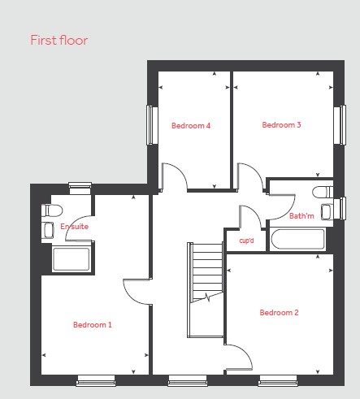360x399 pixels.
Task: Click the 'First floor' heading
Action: pyautogui.click(x=59, y=40)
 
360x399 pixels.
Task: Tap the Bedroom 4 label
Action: pyautogui.click(x=191, y=126)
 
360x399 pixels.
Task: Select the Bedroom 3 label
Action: pyautogui.click(x=281, y=125)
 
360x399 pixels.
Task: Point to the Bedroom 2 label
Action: pyautogui.click(x=279, y=313)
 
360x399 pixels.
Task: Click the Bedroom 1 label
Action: pyautogui.click(x=93, y=325)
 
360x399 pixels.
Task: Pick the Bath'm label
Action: pyautogui.click(x=301, y=216)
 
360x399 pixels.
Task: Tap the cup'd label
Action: pyautogui.click(x=246, y=241)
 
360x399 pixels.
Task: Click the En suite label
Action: pyautogui.click(x=74, y=227)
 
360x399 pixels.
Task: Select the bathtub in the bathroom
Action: pyautogui.click(x=297, y=239)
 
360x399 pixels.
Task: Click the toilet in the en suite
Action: pyautogui.click(x=52, y=210)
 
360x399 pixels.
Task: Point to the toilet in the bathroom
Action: pyautogui.click(x=323, y=192)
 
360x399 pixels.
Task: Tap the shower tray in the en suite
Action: pyautogui.click(x=72, y=259)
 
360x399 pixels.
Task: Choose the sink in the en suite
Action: pyautogui.click(x=48, y=230)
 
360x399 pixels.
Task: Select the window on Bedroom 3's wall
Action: pyautogui.click(x=340, y=125)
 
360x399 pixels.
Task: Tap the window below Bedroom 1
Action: pyautogui.click(x=96, y=380)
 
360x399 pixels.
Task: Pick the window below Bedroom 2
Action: pyautogui.click(x=278, y=380)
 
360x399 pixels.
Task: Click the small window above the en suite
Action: pyautogui.click(x=80, y=189)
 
